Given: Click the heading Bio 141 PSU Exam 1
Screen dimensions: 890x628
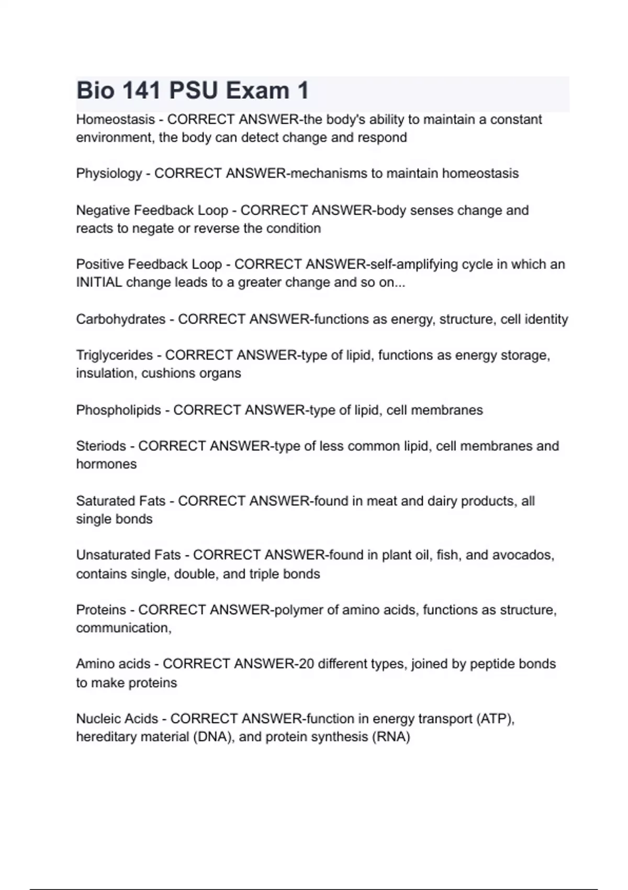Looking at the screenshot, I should tap(193, 91).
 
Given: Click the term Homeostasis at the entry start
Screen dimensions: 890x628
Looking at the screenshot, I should tap(115, 120).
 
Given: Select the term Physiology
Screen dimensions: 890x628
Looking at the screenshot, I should tap(109, 174).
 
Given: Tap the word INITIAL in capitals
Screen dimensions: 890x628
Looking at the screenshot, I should tap(99, 283).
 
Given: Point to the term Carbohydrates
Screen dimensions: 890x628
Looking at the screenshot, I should tap(120, 319).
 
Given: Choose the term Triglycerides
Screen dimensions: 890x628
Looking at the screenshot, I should tap(114, 355).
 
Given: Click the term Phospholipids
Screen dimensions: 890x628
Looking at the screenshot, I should tap(118, 410).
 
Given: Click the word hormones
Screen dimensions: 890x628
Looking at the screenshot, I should tap(106, 464).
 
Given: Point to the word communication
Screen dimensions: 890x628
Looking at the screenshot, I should tap(123, 628).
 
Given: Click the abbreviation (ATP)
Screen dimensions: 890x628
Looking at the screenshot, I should tap(495, 719).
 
